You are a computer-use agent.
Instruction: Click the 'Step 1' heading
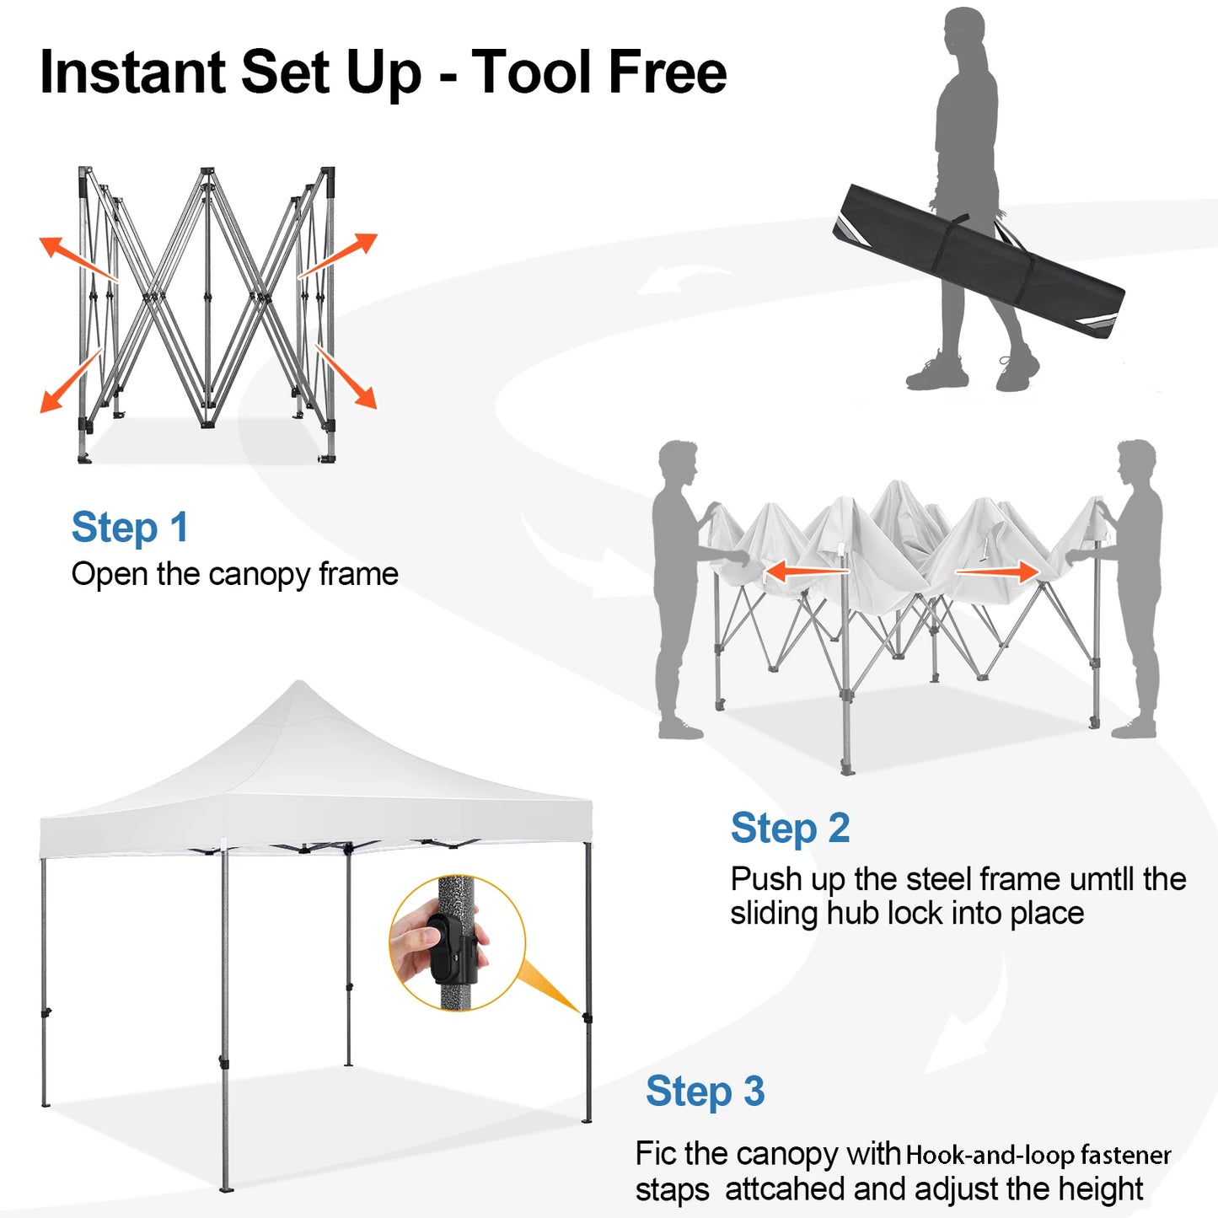pos(130,528)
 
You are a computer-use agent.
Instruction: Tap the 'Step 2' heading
pos(790,829)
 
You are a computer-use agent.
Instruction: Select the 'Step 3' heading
pos(705,1092)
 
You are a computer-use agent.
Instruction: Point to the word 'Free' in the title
pos(667,72)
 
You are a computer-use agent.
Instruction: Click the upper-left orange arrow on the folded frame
pos(76,259)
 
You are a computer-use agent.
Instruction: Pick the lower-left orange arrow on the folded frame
pos(71,381)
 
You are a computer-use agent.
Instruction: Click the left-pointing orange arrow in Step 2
pos(806,572)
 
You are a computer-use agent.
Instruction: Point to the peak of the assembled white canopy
pos(299,687)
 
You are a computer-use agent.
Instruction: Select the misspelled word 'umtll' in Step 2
pos(1103,880)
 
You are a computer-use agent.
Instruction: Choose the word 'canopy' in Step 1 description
pos(259,575)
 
